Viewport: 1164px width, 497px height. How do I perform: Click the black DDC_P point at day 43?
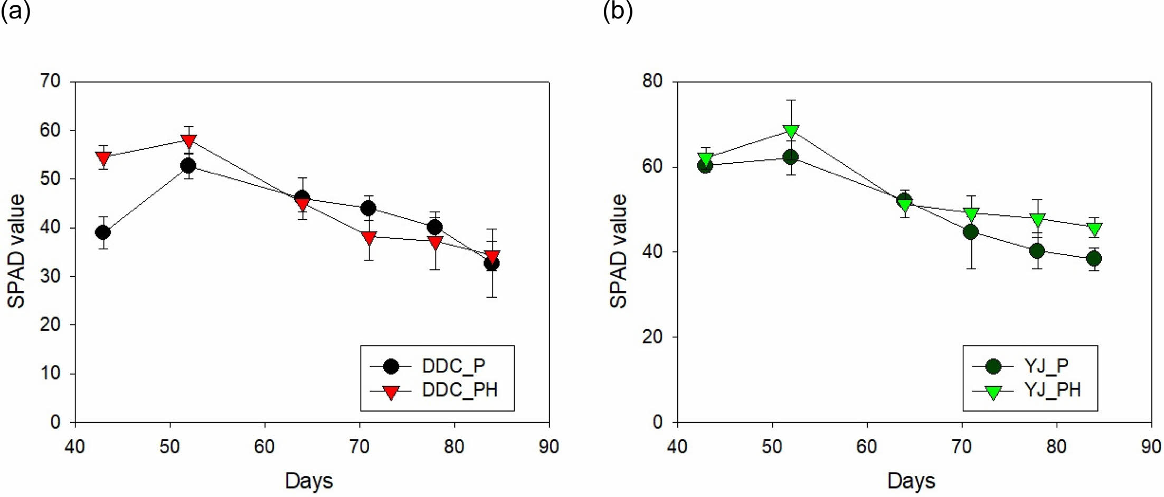pyautogui.click(x=103, y=232)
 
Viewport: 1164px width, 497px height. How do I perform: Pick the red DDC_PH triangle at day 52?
pyautogui.click(x=188, y=141)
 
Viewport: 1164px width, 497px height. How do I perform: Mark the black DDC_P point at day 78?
pyautogui.click(x=435, y=228)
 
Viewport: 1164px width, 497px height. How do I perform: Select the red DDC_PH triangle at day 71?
pyautogui.click(x=369, y=238)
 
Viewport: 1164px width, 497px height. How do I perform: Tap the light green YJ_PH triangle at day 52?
pyautogui.click(x=791, y=130)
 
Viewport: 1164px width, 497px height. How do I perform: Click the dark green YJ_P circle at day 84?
pyautogui.click(x=1094, y=259)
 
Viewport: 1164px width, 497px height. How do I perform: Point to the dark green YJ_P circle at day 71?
pyautogui.click(x=970, y=232)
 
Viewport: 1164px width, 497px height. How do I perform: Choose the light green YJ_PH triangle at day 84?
pyautogui.click(x=1094, y=229)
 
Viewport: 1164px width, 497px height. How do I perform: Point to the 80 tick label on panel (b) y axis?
pyautogui.click(x=652, y=81)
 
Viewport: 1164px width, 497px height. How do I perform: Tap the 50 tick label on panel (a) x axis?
pyautogui.click(x=169, y=447)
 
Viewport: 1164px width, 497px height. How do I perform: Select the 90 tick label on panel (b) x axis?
pyautogui.click(x=1151, y=447)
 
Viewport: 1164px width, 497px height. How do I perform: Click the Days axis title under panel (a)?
pyautogui.click(x=309, y=481)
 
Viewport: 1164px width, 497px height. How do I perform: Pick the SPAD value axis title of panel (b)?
pyautogui.click(x=619, y=251)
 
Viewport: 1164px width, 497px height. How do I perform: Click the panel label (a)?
pyautogui.click(x=15, y=11)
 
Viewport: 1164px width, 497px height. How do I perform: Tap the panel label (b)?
pyautogui.click(x=618, y=11)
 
